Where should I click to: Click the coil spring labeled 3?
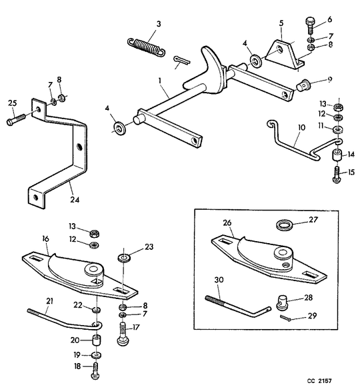146,47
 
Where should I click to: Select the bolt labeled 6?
310,25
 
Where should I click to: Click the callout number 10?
301,127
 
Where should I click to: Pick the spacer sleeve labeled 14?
337,155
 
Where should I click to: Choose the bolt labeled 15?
337,175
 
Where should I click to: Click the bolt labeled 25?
16,119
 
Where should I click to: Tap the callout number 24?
75,200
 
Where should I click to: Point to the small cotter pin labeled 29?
285,318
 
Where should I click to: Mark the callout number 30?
219,280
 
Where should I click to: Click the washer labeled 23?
124,258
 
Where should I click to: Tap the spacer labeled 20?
97,340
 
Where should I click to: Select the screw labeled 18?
95,372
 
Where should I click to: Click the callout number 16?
46,238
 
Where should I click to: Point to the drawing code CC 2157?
319,381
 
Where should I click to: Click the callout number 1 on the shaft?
160,81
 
